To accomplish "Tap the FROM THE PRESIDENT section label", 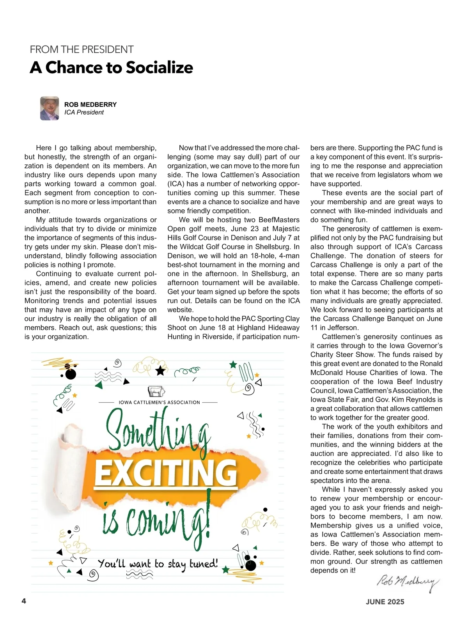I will tap(82, 50).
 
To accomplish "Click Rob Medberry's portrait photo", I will tap(50, 108).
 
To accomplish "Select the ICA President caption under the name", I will tap(84, 113).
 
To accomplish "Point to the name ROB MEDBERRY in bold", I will tap(90, 104).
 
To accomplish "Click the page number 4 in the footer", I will tap(24, 601).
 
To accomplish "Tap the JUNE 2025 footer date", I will tap(385, 602).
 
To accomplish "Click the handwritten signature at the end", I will tap(408, 582).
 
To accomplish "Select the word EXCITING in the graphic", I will tap(166, 473).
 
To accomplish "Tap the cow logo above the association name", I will tap(156, 391).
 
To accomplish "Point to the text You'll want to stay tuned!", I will tap(158, 564).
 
